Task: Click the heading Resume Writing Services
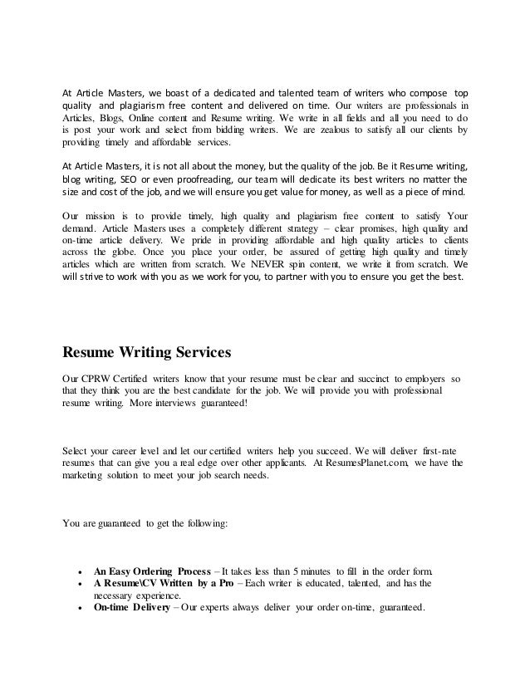(x=146, y=351)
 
